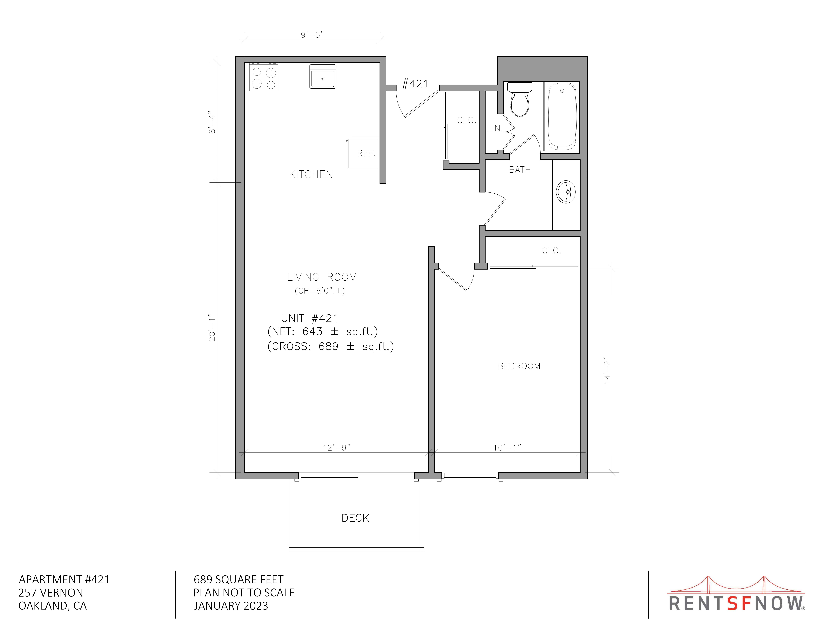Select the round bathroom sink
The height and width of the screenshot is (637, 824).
click(x=566, y=192)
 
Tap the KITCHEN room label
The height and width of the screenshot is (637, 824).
click(x=311, y=174)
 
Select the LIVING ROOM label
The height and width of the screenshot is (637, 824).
click(x=322, y=277)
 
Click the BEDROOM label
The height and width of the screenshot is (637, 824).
click(x=519, y=366)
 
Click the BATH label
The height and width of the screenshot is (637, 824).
click(x=520, y=170)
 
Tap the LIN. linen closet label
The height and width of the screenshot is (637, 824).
click(x=495, y=128)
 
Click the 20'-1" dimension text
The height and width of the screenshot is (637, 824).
click(x=212, y=327)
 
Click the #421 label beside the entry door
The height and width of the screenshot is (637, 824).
click(x=415, y=84)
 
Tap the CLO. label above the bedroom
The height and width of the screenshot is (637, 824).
click(x=552, y=251)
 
